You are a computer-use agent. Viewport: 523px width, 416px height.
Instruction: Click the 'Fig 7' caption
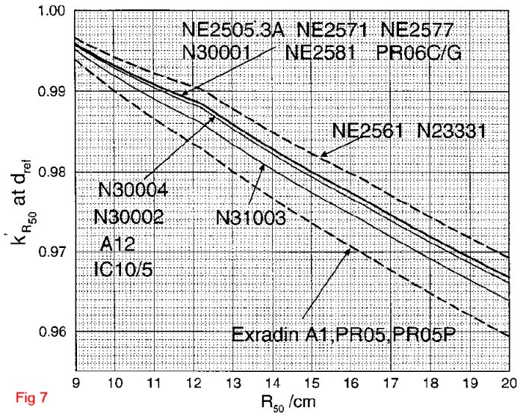tap(31, 397)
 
